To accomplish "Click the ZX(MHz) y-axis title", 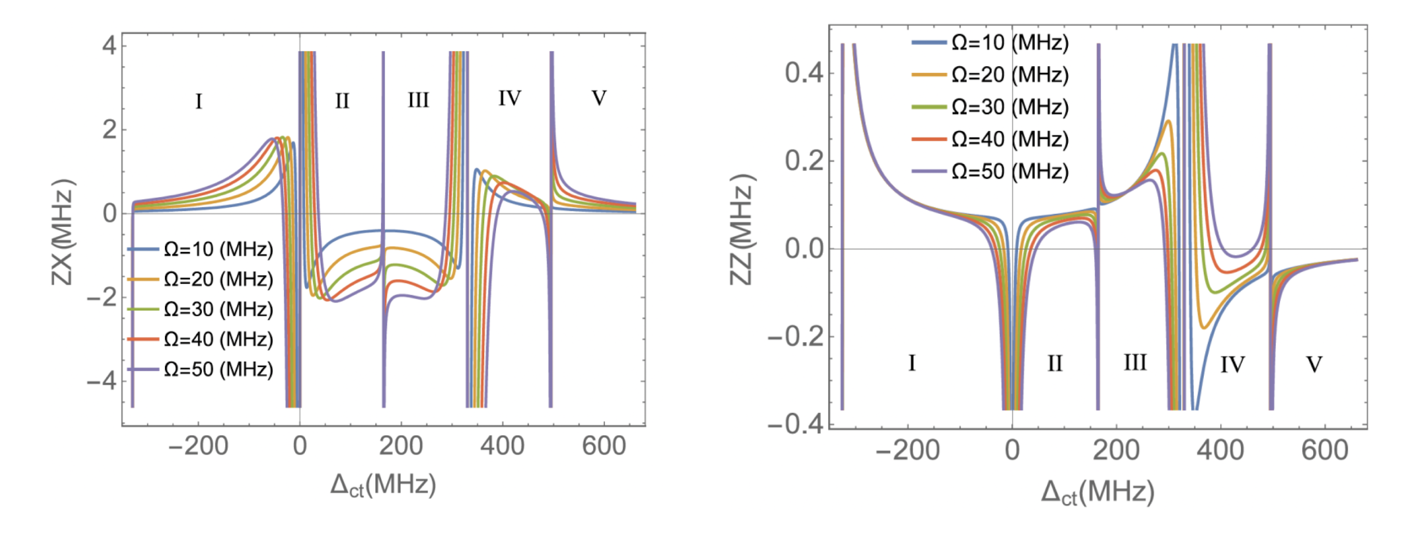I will (62, 232).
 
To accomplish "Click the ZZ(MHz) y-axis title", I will (741, 230).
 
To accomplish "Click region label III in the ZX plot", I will (418, 101).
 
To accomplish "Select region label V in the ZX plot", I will (599, 98).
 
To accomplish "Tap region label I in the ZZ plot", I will (912, 363).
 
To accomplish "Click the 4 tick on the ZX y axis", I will (109, 45).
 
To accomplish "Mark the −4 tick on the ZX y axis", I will (101, 381).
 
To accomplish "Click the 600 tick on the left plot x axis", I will (603, 446).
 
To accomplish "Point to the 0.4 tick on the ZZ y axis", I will (804, 73).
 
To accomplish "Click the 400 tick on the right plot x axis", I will (1220, 451).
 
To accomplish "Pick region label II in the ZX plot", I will (342, 101).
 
